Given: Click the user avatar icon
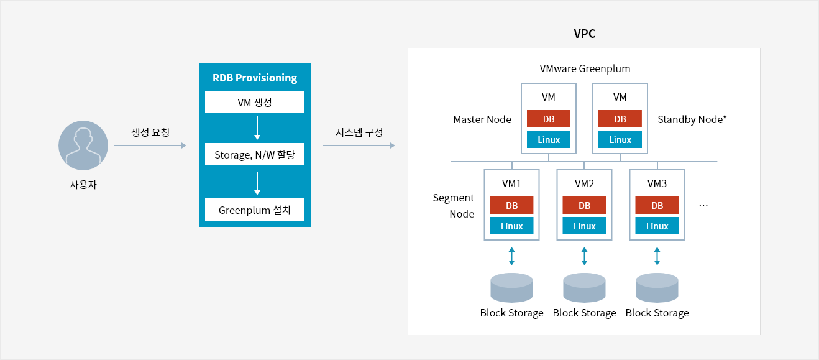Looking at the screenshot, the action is [83, 145].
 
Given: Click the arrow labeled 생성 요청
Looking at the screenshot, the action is [150, 145].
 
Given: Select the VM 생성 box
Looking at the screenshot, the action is [255, 102].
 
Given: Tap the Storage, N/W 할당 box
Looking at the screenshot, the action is [255, 154].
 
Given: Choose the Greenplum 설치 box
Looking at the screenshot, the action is [255, 210].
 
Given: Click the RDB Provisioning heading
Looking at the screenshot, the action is [255, 78].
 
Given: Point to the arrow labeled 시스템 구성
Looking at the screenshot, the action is [359, 145].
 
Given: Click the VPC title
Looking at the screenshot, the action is [584, 34].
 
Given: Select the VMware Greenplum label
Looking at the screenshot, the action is [585, 68].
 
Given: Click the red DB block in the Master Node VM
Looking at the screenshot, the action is [549, 119].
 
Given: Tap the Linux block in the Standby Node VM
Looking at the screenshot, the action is [620, 139].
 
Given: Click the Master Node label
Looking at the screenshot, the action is [482, 119].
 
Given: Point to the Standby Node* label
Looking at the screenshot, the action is [692, 119].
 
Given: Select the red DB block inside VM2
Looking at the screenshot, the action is [584, 205].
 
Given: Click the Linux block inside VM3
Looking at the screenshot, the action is [657, 226].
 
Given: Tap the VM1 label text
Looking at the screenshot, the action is [511, 183].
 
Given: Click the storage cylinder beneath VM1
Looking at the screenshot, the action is [511, 287].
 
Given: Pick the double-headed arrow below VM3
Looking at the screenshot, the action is [657, 256].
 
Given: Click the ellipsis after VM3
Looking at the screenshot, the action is [703, 206].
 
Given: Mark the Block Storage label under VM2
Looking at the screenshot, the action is [584, 313].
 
